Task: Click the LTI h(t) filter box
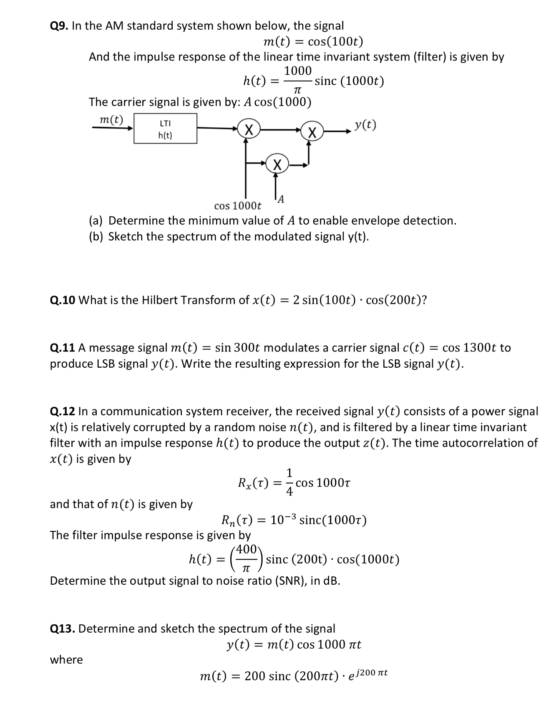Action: (x=165, y=129)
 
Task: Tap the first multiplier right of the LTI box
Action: (x=249, y=129)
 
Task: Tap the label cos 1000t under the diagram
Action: (x=237, y=206)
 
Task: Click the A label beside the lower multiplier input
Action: (x=281, y=199)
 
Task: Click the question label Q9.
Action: (x=59, y=26)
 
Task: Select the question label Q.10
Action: (x=62, y=300)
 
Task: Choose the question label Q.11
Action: (x=62, y=348)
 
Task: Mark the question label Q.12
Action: (x=62, y=412)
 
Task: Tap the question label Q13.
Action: (x=62, y=629)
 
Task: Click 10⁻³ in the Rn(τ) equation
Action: (x=283, y=520)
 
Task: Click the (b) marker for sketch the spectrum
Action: (x=97, y=237)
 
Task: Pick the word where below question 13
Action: (x=66, y=660)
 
